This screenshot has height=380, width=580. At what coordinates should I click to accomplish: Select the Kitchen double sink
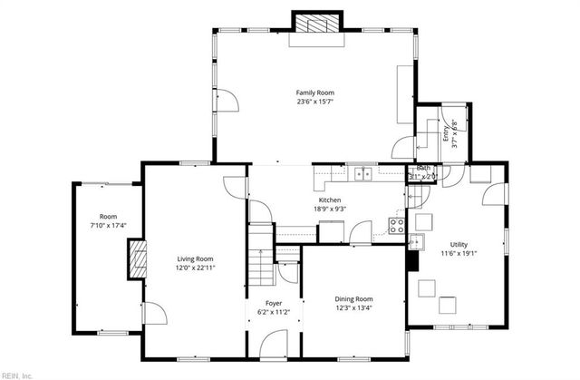tap(364, 173)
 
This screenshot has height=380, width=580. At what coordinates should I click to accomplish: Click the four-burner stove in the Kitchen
tap(396, 226)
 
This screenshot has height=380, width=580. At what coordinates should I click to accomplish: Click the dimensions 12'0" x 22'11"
tap(195, 268)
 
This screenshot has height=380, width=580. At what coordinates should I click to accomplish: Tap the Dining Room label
tap(354, 298)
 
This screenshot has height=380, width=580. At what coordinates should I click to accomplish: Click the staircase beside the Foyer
tap(261, 262)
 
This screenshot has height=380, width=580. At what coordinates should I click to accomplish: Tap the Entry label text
tap(445, 133)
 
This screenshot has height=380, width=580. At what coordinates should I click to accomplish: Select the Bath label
tap(423, 168)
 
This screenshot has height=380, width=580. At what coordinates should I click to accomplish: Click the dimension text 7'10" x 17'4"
tap(108, 225)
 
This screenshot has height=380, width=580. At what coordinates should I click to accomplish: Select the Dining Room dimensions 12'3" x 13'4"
tap(354, 307)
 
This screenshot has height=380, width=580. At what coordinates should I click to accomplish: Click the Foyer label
tap(273, 303)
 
